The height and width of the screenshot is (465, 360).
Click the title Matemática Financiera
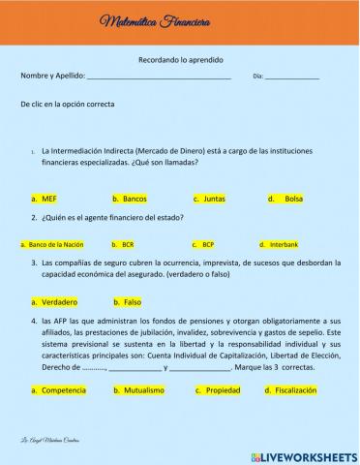143,21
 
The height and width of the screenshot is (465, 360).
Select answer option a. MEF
45,199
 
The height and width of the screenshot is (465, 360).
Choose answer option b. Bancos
130,199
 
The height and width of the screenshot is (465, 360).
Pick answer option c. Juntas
209,199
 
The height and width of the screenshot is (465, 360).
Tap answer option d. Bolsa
287,199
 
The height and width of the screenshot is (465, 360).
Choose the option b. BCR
124,245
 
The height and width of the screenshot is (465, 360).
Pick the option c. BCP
202,245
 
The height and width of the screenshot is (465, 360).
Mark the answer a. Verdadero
54,301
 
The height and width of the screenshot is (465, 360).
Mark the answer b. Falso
128,301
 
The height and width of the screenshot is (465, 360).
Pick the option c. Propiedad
218,390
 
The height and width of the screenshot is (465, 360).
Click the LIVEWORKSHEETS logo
304,454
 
